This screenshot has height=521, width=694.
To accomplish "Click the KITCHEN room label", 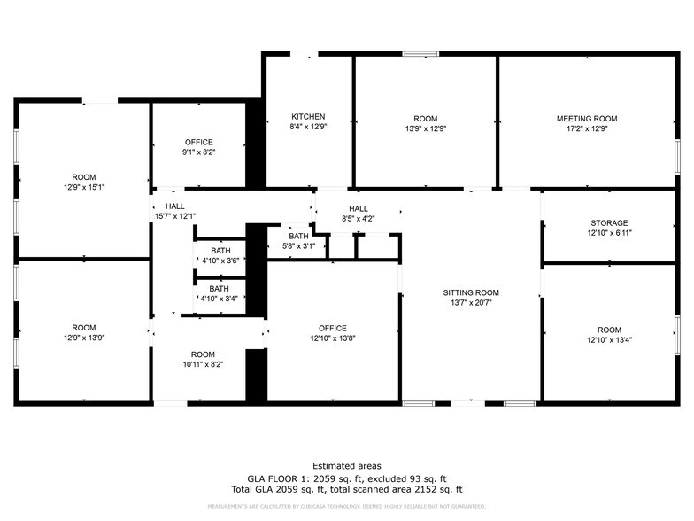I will tap(309, 117).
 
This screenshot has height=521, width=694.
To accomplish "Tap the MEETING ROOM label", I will tap(586, 119).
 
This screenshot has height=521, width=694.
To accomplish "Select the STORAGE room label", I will tap(609, 223).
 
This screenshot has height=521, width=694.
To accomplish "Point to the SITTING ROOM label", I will tap(471, 292).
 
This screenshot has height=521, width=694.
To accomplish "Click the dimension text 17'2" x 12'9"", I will tap(586, 128).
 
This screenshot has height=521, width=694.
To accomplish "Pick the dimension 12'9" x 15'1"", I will tap(84, 188).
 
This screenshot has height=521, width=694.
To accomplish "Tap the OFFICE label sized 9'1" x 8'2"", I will tap(199, 142).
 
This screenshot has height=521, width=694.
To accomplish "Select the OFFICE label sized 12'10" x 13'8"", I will tap(333, 328).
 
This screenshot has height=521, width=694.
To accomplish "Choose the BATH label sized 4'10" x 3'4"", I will tap(218, 288).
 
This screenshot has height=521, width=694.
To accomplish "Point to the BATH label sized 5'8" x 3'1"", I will tap(298, 236).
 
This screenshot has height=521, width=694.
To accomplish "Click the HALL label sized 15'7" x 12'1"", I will tap(175, 206).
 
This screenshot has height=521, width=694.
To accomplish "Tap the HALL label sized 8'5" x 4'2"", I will tap(358, 209).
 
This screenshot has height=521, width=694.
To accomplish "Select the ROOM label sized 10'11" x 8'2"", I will tap(203, 354).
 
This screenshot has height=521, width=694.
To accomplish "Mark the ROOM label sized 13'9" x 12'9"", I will tap(425, 119).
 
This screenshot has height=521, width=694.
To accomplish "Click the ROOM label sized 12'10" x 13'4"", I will tap(609, 330).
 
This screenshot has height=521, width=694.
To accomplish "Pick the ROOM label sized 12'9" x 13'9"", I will tap(84, 328).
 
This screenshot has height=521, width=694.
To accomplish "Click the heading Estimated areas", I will tap(347, 465).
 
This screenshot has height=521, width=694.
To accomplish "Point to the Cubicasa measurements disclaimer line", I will tap(347, 506).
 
